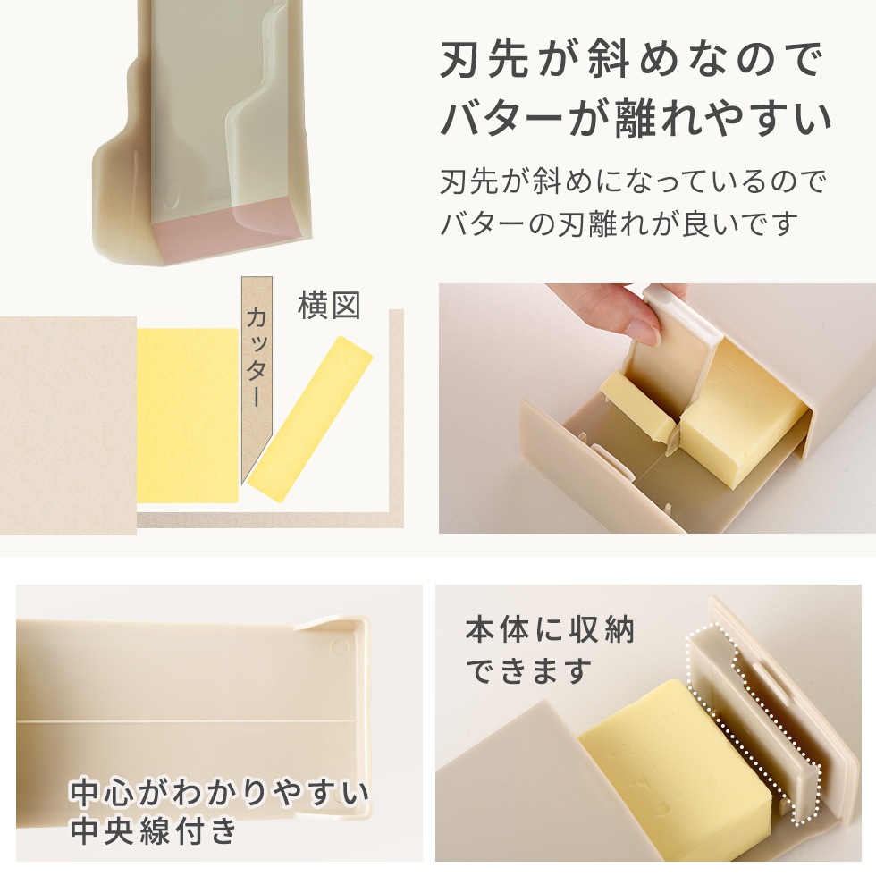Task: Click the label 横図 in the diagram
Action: click(x=329, y=305)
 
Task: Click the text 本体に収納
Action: click(x=549, y=631)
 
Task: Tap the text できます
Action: click(x=528, y=670)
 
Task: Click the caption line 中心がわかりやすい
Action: click(x=220, y=792)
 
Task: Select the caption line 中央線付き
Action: click(x=154, y=831)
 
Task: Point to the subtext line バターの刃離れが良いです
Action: click(x=618, y=223)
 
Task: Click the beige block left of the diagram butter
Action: click(x=68, y=425)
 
